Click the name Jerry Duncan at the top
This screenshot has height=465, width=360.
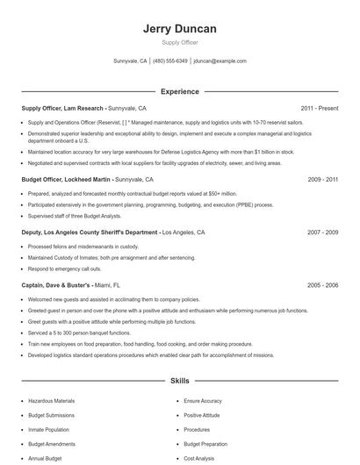point(179,29)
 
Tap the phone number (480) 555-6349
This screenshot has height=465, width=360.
point(170,61)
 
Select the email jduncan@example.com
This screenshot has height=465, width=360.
point(220,61)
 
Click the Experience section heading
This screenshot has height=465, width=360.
point(179,91)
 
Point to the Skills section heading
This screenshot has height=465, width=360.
point(179,381)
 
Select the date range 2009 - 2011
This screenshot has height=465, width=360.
point(322,179)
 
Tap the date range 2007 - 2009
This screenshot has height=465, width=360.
point(322,232)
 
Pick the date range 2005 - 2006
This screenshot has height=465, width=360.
point(322,285)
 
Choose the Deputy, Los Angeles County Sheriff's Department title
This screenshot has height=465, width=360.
point(90,232)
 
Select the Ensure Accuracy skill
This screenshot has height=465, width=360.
point(204,400)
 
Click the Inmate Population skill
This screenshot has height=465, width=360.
point(48,430)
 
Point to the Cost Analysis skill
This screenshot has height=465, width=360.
point(201,459)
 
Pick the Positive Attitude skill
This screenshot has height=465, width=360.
point(203,415)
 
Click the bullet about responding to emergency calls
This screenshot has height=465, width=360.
point(67,269)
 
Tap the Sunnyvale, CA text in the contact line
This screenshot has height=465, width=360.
point(131,61)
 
